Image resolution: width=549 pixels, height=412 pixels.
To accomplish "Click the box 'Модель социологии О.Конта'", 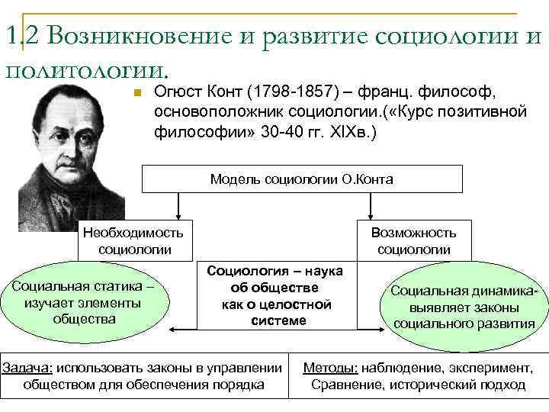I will click(x=303, y=179).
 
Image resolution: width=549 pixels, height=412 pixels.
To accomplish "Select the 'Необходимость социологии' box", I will click(x=135, y=240).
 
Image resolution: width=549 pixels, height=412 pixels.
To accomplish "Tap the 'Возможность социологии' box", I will click(x=414, y=240).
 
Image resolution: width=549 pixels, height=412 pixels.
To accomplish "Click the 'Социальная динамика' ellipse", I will click(x=464, y=306).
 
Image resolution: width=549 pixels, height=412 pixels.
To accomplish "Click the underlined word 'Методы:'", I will click(x=331, y=368).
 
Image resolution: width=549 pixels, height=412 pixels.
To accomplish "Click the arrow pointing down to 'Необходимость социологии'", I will click(x=178, y=207).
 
